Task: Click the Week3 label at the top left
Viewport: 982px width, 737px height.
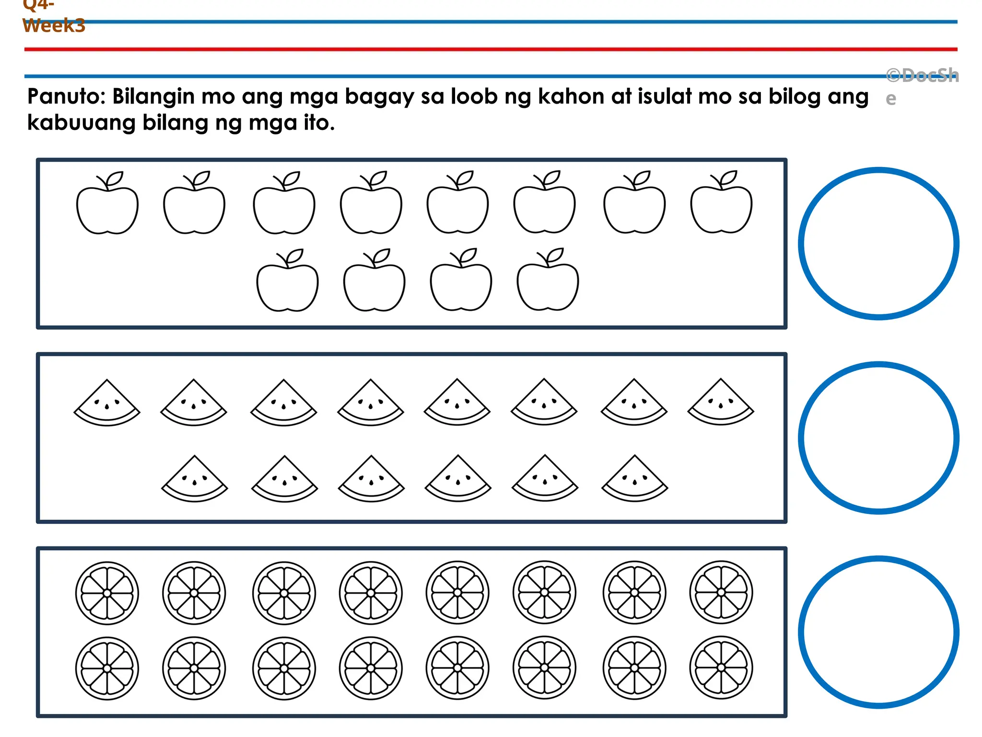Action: (54, 25)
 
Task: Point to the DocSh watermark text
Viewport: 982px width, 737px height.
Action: (922, 76)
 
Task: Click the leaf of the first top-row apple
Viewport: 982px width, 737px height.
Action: (116, 178)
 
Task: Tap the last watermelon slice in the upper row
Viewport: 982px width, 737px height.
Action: (721, 404)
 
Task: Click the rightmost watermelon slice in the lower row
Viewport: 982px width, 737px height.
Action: (634, 480)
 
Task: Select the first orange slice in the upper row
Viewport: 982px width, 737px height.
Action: (107, 593)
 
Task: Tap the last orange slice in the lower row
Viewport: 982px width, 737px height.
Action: (721, 667)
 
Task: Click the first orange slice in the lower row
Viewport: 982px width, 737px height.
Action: (107, 668)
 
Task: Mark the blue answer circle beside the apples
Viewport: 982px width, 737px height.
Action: (878, 244)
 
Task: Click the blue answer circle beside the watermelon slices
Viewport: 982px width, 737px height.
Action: (878, 438)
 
